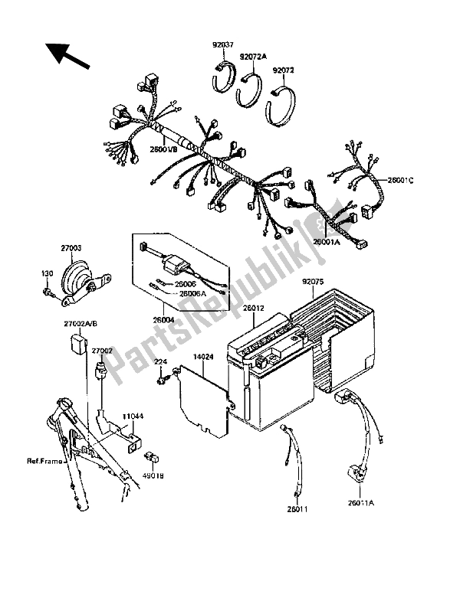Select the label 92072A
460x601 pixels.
tap(252, 56)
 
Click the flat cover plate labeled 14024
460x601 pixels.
tap(202, 394)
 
